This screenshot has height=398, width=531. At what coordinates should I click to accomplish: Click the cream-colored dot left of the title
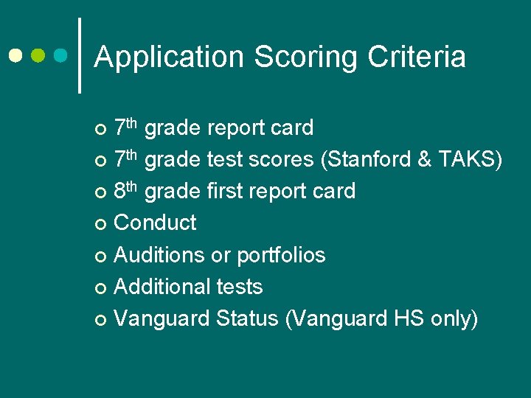[15, 55]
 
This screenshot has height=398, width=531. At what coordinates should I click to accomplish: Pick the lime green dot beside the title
[39, 55]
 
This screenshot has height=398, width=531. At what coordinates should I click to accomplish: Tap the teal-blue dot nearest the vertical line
[62, 55]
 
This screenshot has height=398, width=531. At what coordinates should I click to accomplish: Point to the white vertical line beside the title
[79, 55]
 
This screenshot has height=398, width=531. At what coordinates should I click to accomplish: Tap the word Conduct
[156, 223]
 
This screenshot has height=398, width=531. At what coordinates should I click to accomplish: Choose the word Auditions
[159, 255]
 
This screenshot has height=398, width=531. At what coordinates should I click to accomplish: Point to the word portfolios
[280, 255]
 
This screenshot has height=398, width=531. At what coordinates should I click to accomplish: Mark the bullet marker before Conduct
[101, 224]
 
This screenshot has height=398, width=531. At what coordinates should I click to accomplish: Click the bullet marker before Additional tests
[101, 287]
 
